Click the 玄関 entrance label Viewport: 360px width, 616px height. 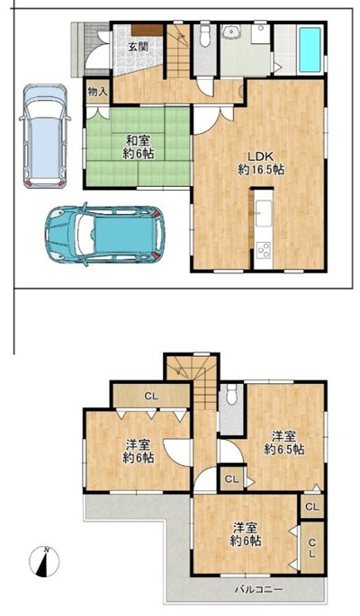(137, 47)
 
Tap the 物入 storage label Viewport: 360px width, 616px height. (97, 93)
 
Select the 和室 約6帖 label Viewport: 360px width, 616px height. (138, 147)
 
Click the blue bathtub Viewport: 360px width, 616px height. (310, 49)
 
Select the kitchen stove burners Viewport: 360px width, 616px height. (264, 249)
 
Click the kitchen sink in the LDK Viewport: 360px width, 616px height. (264, 213)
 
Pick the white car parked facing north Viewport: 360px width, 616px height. (44, 136)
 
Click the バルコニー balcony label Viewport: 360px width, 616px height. (258, 589)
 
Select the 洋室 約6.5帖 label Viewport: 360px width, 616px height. (284, 442)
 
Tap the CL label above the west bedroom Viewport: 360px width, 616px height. (151, 397)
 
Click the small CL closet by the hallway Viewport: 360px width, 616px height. (232, 479)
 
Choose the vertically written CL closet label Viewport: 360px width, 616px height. (311, 549)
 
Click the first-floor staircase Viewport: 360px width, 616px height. (179, 51)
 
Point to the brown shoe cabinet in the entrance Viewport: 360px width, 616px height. (148, 31)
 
